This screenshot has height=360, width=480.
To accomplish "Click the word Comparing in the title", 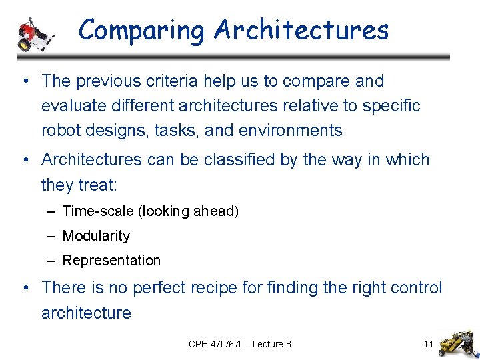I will coord(142,31).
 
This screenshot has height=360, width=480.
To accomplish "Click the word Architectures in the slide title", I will coord(301,31).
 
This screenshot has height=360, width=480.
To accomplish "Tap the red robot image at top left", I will coord(35,34).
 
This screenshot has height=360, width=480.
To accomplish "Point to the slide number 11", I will coord(428,344).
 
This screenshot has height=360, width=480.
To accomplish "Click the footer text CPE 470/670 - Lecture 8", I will coord(239,344).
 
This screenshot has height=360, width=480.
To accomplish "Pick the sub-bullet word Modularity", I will coord(96,236).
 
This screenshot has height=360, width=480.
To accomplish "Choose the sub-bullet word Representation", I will coord(111,261).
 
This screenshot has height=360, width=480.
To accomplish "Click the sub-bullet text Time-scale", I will coord(98,211).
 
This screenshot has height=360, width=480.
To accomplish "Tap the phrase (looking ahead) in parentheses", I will coord(188,211).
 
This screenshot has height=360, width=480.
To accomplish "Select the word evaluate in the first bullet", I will coord(71,106).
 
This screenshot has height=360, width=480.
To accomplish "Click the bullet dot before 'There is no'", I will coord(25,288).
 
